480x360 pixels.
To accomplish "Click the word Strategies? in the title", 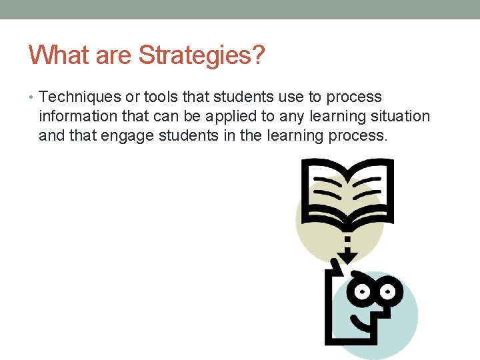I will pos(201,55).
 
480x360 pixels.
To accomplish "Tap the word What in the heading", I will pos(59,55).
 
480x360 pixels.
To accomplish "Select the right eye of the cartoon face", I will pos(389,291).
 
